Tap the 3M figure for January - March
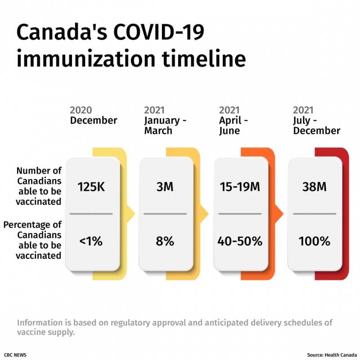(165, 187)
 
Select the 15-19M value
(239, 187)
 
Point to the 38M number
(314, 187)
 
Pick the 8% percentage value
(165, 241)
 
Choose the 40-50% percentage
(239, 241)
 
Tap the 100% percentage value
(314, 241)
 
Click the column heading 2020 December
(93, 115)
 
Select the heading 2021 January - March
(165, 120)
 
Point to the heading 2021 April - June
(234, 120)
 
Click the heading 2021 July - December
(316, 120)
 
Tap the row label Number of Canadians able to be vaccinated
(39, 186)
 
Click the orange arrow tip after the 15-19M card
(279, 214)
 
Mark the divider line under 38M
(314, 214)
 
